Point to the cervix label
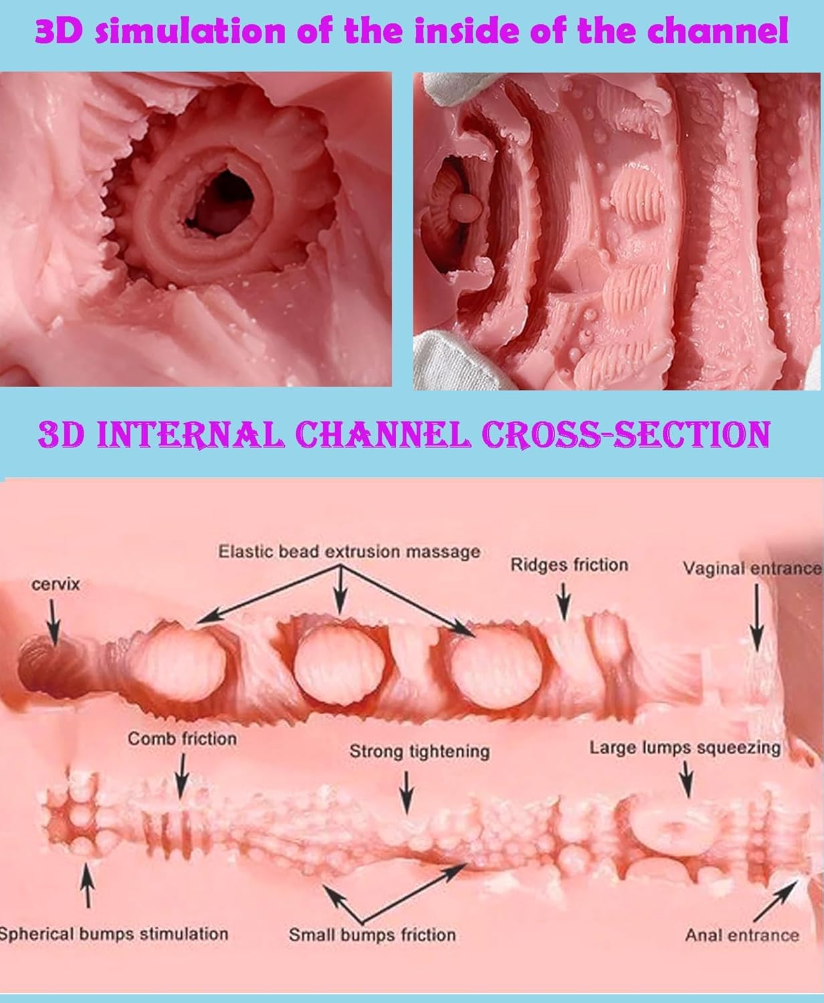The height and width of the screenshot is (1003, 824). coord(56,584)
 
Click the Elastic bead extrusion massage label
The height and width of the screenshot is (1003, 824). coord(349,552)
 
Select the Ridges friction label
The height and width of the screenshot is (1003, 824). coord(569,565)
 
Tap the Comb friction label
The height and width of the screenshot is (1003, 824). coord(182,739)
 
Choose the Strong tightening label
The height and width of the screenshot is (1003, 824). coord(419,752)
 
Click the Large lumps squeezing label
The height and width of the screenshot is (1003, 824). coord(685,748)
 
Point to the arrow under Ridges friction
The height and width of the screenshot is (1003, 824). coord(564,602)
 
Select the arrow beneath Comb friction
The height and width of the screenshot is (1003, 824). coord(182,777)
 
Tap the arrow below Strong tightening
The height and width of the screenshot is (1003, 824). coord(406,792)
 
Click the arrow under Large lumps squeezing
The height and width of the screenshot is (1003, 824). coord(686,780)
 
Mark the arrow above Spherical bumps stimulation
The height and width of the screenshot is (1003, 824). coord(87,885)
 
